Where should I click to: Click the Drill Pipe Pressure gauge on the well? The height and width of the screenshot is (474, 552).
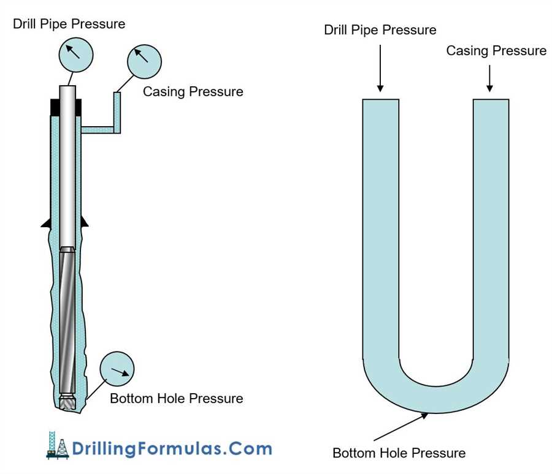tap(75, 54)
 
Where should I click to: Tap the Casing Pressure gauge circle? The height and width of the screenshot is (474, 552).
tap(144, 60)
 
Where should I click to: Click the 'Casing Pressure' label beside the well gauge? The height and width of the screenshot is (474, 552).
tap(193, 92)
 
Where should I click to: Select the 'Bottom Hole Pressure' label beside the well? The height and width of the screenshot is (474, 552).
tap(176, 399)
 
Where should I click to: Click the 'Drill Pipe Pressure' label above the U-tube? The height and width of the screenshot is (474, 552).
tap(380, 30)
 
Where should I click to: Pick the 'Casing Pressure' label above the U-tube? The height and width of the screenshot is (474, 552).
tap(496, 51)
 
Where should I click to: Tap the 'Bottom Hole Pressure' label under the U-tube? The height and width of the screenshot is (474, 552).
tap(399, 453)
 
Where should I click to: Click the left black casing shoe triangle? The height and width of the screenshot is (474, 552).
tap(45, 224)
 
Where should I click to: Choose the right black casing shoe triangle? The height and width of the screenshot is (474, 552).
tap(85, 224)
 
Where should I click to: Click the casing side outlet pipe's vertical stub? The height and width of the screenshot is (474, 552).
tap(117, 110)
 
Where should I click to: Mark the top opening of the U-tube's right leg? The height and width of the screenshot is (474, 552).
tap(491, 100)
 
